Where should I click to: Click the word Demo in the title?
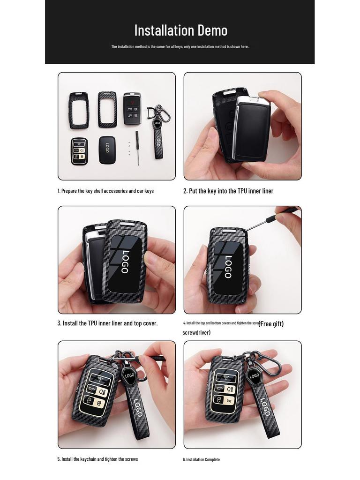click(x=212, y=30)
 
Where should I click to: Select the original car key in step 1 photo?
click(x=132, y=108)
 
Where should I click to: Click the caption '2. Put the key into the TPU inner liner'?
click(x=228, y=191)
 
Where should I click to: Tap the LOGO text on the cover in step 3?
click(x=125, y=262)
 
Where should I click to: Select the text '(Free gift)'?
click(x=271, y=323)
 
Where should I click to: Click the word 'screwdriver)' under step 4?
click(x=196, y=332)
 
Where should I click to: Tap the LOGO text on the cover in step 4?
click(x=228, y=266)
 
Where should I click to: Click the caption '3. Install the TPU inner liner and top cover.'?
click(x=107, y=323)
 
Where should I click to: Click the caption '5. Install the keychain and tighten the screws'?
click(x=97, y=459)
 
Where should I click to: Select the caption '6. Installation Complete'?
click(x=201, y=459)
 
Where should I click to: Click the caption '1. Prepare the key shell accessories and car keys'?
click(x=105, y=191)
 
